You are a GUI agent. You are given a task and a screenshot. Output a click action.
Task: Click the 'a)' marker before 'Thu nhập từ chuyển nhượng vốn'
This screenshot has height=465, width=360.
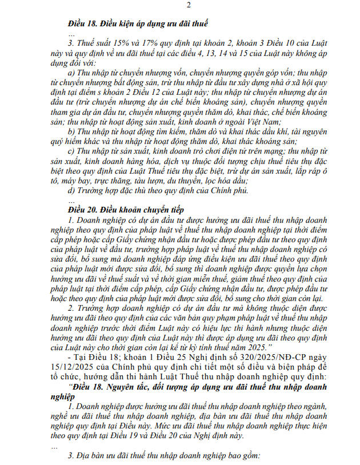coord(71,73)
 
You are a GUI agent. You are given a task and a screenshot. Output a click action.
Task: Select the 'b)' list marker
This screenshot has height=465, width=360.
coord(71,131)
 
